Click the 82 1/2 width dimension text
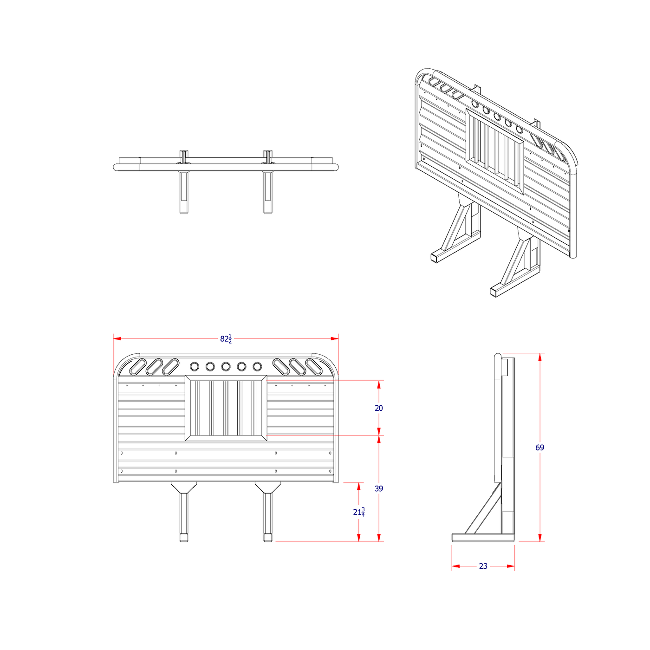[x=226, y=338]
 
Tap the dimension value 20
[x=379, y=408]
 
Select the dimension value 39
[x=379, y=488]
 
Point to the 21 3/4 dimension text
[x=358, y=512]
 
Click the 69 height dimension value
[x=539, y=448]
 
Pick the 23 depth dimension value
[x=483, y=566]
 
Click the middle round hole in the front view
[x=226, y=367]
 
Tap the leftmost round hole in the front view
[x=195, y=367]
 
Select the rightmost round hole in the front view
[x=257, y=367]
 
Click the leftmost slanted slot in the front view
[x=138, y=367]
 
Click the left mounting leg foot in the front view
[x=184, y=538]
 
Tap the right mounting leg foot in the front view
[x=267, y=538]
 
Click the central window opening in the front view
[x=226, y=408]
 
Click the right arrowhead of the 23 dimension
[x=511, y=566]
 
